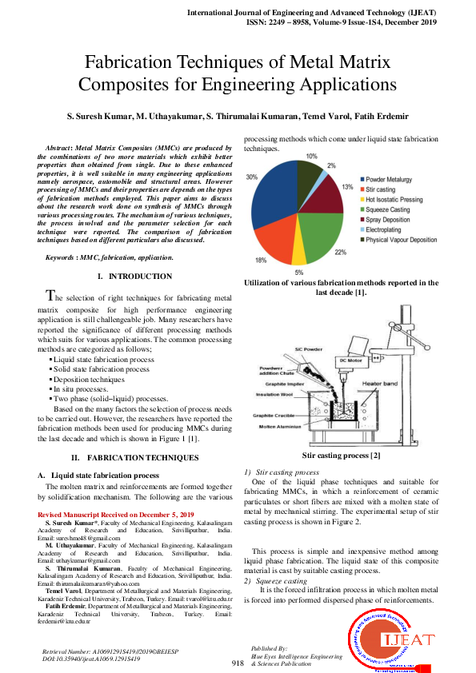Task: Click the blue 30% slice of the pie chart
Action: click(x=272, y=200)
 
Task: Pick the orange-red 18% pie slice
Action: click(x=276, y=240)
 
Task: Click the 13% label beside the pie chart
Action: click(x=347, y=186)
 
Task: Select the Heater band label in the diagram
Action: click(x=379, y=384)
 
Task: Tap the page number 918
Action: click(x=238, y=663)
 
